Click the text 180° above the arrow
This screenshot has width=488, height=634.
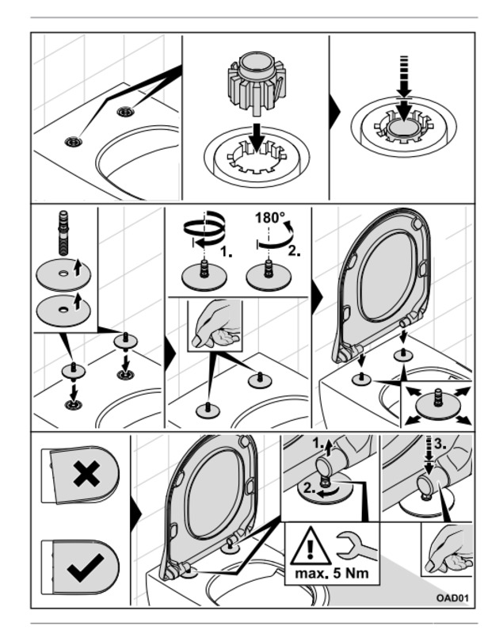270,219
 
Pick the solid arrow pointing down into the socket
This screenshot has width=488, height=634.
255,139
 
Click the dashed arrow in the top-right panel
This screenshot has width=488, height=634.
403,87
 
